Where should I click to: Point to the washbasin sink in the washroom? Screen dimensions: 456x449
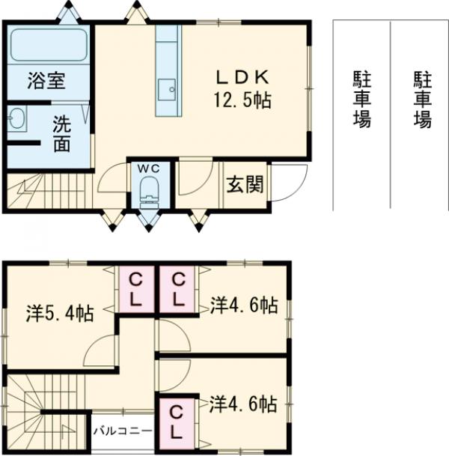click(x=16, y=118)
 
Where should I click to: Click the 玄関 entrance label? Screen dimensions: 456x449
click(x=244, y=184)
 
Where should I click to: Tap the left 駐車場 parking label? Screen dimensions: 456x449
click(x=361, y=98)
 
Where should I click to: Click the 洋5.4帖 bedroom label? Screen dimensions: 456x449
click(x=60, y=314)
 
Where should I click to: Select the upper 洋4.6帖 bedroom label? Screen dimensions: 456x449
click(x=243, y=305)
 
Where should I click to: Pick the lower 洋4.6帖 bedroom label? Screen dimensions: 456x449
click(x=243, y=405)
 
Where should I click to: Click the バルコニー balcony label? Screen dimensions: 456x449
click(x=123, y=431)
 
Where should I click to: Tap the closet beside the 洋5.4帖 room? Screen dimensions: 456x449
click(x=136, y=289)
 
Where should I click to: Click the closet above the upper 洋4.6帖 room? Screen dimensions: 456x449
click(x=179, y=289)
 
